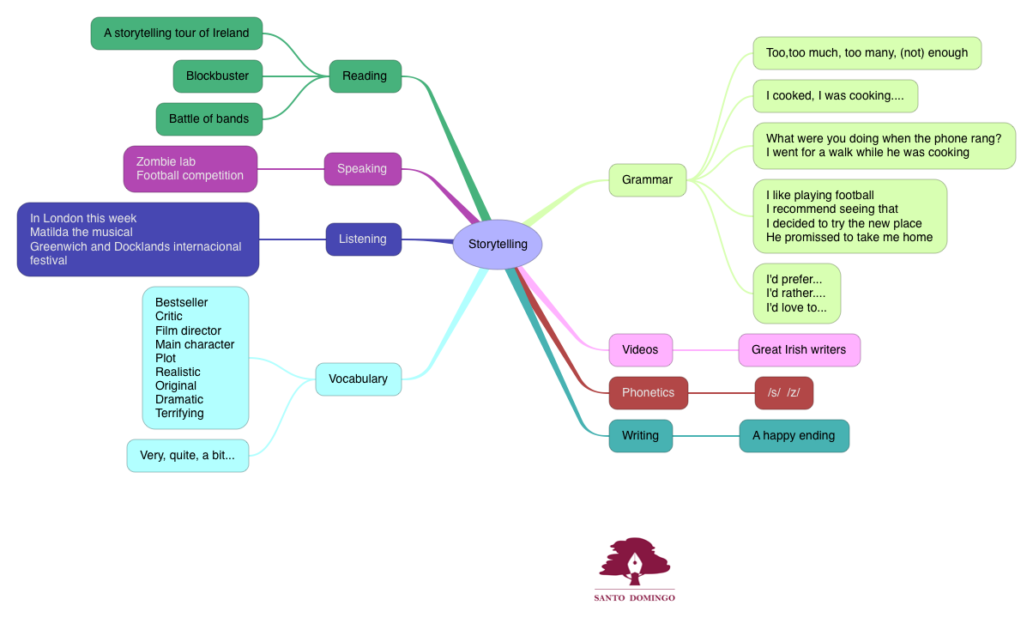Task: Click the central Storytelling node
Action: point(498,245)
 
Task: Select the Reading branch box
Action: point(365,76)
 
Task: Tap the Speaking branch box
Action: point(362,169)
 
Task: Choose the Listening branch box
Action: point(363,239)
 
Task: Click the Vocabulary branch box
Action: point(358,379)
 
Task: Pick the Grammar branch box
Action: point(648,180)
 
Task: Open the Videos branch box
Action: point(640,350)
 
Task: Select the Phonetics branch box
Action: point(648,393)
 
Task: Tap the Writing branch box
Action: point(640,436)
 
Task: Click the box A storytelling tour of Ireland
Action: point(177,33)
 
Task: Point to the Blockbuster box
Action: point(217,76)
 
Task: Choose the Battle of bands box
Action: point(208,119)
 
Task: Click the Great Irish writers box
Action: point(799,350)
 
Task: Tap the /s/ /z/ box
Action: point(783,393)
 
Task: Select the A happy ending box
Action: point(794,436)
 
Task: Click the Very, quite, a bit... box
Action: point(187,456)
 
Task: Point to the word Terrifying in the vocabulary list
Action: point(179,414)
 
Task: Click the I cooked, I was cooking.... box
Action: point(835,96)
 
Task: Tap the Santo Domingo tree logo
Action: point(634,563)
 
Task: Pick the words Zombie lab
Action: point(166,162)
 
